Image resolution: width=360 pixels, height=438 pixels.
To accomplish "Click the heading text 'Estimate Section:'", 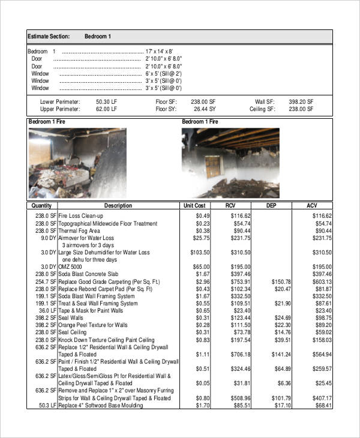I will click(49, 37).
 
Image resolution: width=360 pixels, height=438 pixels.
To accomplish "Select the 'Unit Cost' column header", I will click(195, 206).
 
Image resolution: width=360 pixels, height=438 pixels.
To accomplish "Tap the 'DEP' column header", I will click(271, 206).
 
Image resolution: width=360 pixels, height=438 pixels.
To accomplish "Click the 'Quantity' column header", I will click(41, 206).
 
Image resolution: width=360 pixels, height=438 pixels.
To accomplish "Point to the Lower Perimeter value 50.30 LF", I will click(107, 102).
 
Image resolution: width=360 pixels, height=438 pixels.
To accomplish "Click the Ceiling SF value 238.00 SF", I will click(301, 110).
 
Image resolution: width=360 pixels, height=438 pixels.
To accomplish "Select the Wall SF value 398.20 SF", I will click(301, 102).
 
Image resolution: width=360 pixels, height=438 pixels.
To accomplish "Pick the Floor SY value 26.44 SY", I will click(204, 110).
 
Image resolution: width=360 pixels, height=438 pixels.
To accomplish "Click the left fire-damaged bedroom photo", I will click(77, 163).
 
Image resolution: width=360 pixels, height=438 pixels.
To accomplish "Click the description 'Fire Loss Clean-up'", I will click(81, 215).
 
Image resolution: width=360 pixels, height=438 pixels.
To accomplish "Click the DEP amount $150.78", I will click(280, 281).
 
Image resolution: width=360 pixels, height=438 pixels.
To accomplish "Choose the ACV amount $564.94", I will click(320, 354).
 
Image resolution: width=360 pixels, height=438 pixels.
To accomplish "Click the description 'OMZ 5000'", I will click(71, 267).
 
